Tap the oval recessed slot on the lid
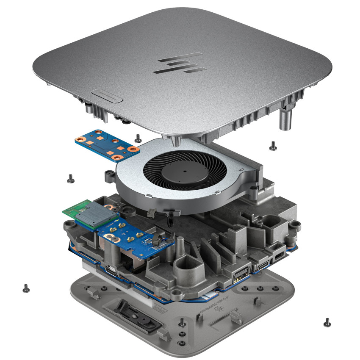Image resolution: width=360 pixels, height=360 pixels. tap(107, 95)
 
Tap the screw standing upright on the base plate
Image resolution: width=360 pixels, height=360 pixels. tap(182, 321)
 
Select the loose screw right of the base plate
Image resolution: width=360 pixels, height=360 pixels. tap(327, 322)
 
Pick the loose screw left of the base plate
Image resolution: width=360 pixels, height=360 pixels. tap(26, 288)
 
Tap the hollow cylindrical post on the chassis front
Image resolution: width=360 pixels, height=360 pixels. tap(183, 267)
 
